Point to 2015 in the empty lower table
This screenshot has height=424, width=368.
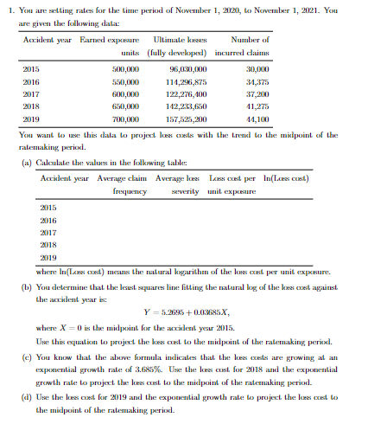coord(48,209)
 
